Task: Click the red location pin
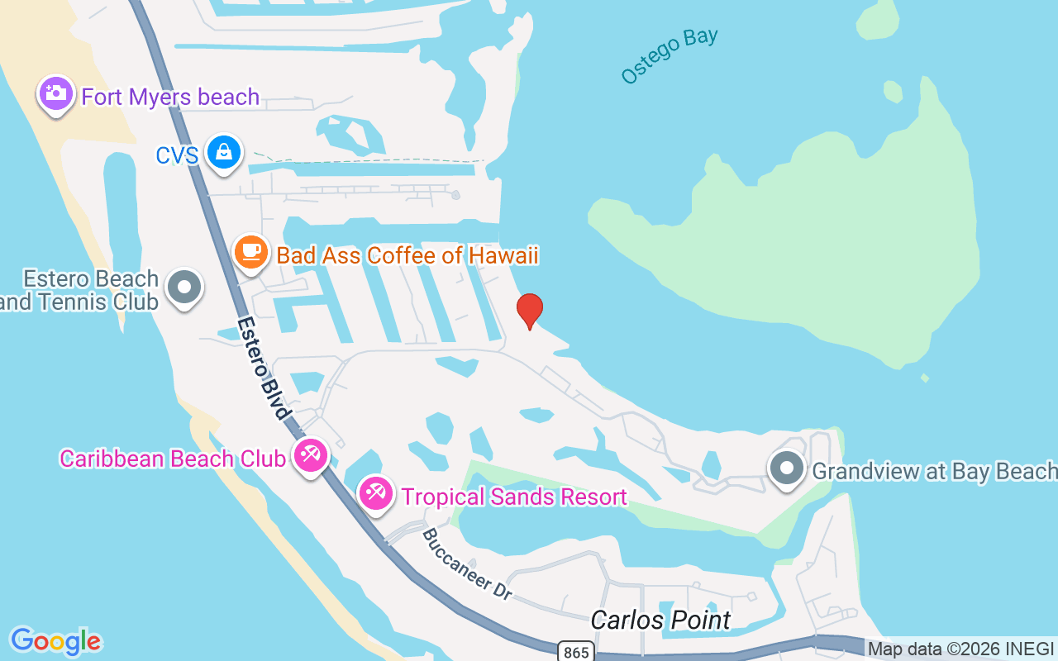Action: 530,310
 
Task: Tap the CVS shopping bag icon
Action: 224,152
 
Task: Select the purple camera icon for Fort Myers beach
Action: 55,93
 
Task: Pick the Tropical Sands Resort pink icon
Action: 376,493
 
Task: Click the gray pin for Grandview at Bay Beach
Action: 787,468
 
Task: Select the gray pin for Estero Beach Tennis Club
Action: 183,288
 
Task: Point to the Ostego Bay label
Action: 670,55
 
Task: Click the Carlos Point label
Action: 660,620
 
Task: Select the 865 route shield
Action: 575,652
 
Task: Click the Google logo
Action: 55,640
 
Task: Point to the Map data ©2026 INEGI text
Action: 960,649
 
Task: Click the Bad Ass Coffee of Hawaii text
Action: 407,255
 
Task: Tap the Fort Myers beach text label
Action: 170,97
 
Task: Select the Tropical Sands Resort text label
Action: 513,497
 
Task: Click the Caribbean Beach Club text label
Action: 172,459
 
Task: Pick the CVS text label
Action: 177,155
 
